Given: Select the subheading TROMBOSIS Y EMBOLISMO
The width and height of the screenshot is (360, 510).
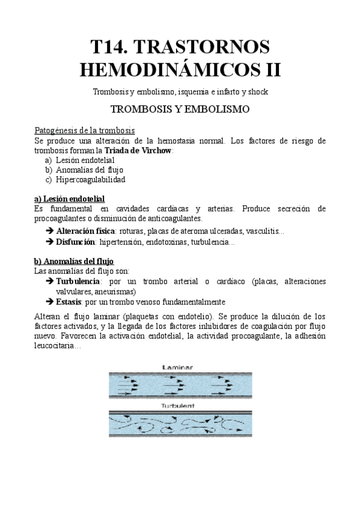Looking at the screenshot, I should pos(180,110).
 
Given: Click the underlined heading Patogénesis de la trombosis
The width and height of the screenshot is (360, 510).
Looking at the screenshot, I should pos(85,131).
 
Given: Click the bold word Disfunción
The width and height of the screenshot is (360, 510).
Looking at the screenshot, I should pos(76,242).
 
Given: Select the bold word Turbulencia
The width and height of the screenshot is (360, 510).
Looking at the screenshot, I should pos(78,281).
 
